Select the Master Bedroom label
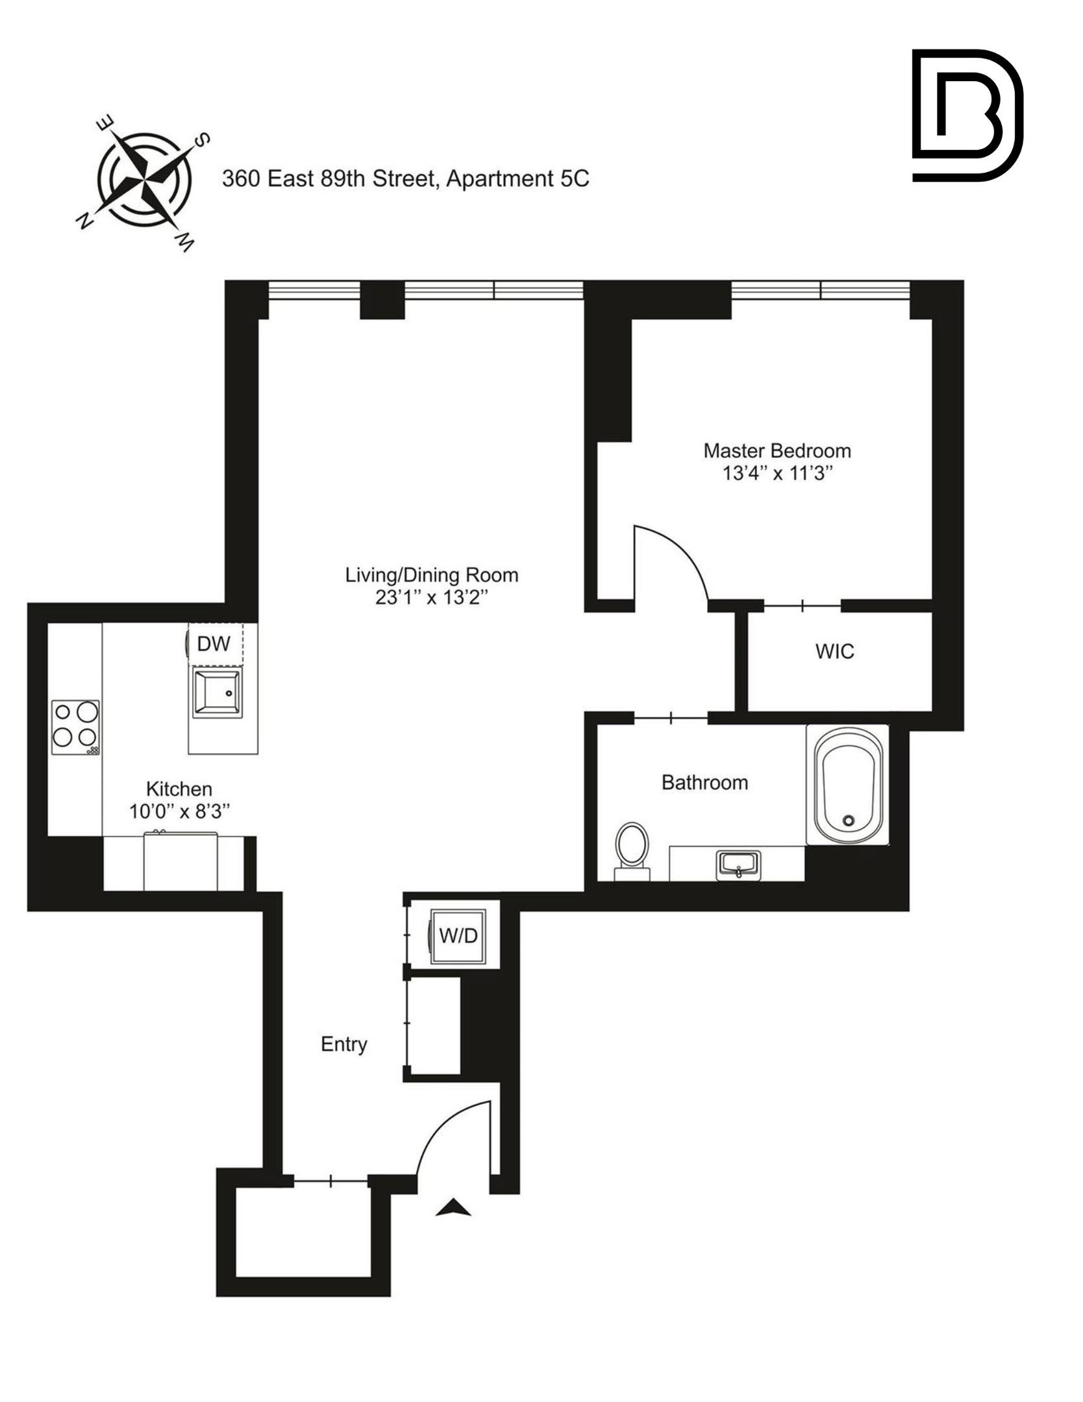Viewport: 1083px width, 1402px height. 777,450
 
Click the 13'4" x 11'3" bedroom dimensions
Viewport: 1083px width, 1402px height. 777,473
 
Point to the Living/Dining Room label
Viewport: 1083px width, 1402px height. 432,575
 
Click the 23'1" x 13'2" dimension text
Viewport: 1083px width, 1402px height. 432,598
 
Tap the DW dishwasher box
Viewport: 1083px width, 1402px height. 214,644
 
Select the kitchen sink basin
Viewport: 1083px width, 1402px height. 217,694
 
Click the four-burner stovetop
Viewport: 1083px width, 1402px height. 76,727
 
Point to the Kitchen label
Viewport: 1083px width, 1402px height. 179,789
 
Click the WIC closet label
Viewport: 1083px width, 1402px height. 835,652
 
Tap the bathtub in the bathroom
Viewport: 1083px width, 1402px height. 848,785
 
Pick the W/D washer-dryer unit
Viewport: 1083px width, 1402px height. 458,935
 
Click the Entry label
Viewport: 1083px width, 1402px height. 344,1044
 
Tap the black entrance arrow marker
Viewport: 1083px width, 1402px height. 453,1208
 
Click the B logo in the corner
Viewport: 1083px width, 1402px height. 966,115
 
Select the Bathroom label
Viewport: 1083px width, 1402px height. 704,783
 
